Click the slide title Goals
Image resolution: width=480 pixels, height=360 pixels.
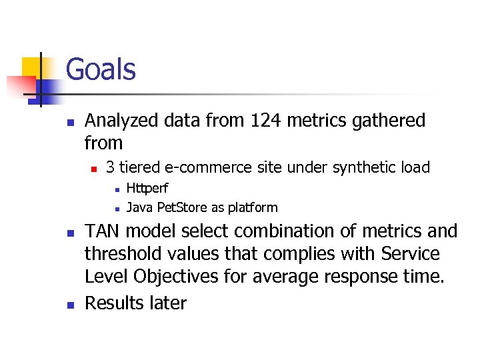(x=101, y=70)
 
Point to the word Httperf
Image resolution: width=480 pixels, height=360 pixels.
(x=147, y=189)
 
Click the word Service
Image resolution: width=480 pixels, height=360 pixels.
(x=411, y=254)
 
